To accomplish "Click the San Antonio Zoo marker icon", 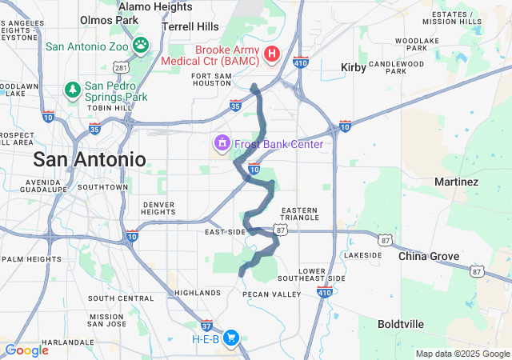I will [x=141, y=46].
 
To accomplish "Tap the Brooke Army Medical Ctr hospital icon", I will [x=271, y=54].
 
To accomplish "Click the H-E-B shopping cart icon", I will [x=231, y=338].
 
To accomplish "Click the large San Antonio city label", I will [x=90, y=158].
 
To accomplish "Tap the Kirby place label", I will [x=354, y=68].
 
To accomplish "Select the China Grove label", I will [x=429, y=257].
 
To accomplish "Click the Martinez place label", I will [x=456, y=182].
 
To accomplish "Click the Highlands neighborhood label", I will [x=197, y=293].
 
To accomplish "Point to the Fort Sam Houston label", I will [x=212, y=79].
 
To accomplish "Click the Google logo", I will [x=26, y=350].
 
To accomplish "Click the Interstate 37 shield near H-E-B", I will [x=207, y=326].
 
